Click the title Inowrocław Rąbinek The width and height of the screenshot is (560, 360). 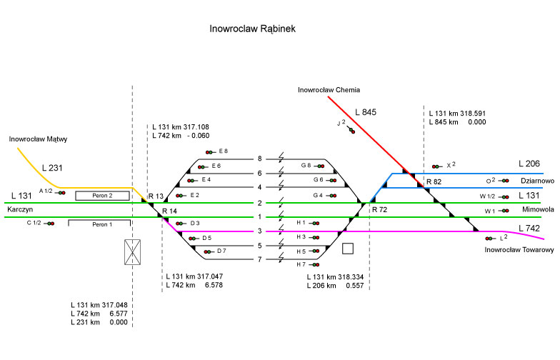[x=252, y=29]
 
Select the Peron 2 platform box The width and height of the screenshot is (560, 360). [x=102, y=195]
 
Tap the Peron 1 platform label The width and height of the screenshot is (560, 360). [x=102, y=224]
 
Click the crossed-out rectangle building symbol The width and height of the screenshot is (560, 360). [x=133, y=251]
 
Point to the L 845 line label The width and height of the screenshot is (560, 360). [x=365, y=112]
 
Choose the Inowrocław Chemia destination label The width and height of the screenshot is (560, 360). [x=329, y=90]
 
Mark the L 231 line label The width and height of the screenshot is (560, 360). [x=53, y=168]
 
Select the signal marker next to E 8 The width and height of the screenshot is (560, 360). [x=210, y=151]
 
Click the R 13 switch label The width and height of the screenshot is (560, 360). [x=156, y=196]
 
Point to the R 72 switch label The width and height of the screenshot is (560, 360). [x=379, y=211]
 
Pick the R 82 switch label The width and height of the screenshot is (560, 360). [x=434, y=182]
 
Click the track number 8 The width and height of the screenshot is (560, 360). [x=260, y=159]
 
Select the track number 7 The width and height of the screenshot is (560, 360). [x=260, y=259]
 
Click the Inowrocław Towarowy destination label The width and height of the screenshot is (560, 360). [x=519, y=250]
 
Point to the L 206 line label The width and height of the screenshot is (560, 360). [x=530, y=164]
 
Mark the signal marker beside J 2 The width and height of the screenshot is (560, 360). [x=352, y=129]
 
